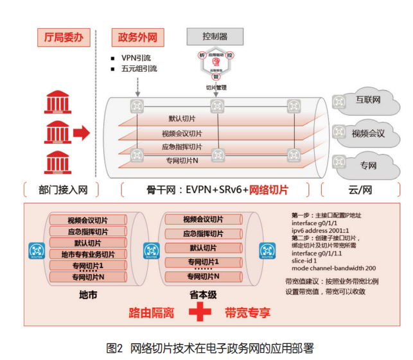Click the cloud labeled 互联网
[367, 101]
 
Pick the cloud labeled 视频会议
[367, 133]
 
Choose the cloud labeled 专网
[367, 166]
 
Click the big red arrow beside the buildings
[80, 133]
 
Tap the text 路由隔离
[151, 313]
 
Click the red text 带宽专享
[247, 313]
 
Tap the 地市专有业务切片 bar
[88, 254]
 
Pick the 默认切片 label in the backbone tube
[183, 119]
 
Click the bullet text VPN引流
[139, 58]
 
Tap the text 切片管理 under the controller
[216, 87]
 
